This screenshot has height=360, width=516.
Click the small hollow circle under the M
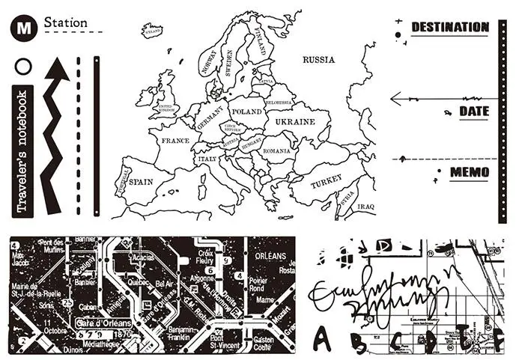(x=23, y=67)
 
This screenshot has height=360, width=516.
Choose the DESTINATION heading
(x=449, y=28)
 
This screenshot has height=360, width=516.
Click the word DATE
(x=473, y=112)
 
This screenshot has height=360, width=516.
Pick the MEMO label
(x=469, y=174)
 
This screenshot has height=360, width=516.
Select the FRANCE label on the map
(x=175, y=141)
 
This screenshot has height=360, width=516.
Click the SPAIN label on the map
(x=141, y=181)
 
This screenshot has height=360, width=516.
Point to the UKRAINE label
(x=294, y=120)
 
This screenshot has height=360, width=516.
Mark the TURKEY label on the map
(x=326, y=181)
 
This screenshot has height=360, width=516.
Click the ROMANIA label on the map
(x=276, y=150)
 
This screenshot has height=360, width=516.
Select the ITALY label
(x=207, y=159)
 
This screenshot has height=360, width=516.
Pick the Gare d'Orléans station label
(x=103, y=322)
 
